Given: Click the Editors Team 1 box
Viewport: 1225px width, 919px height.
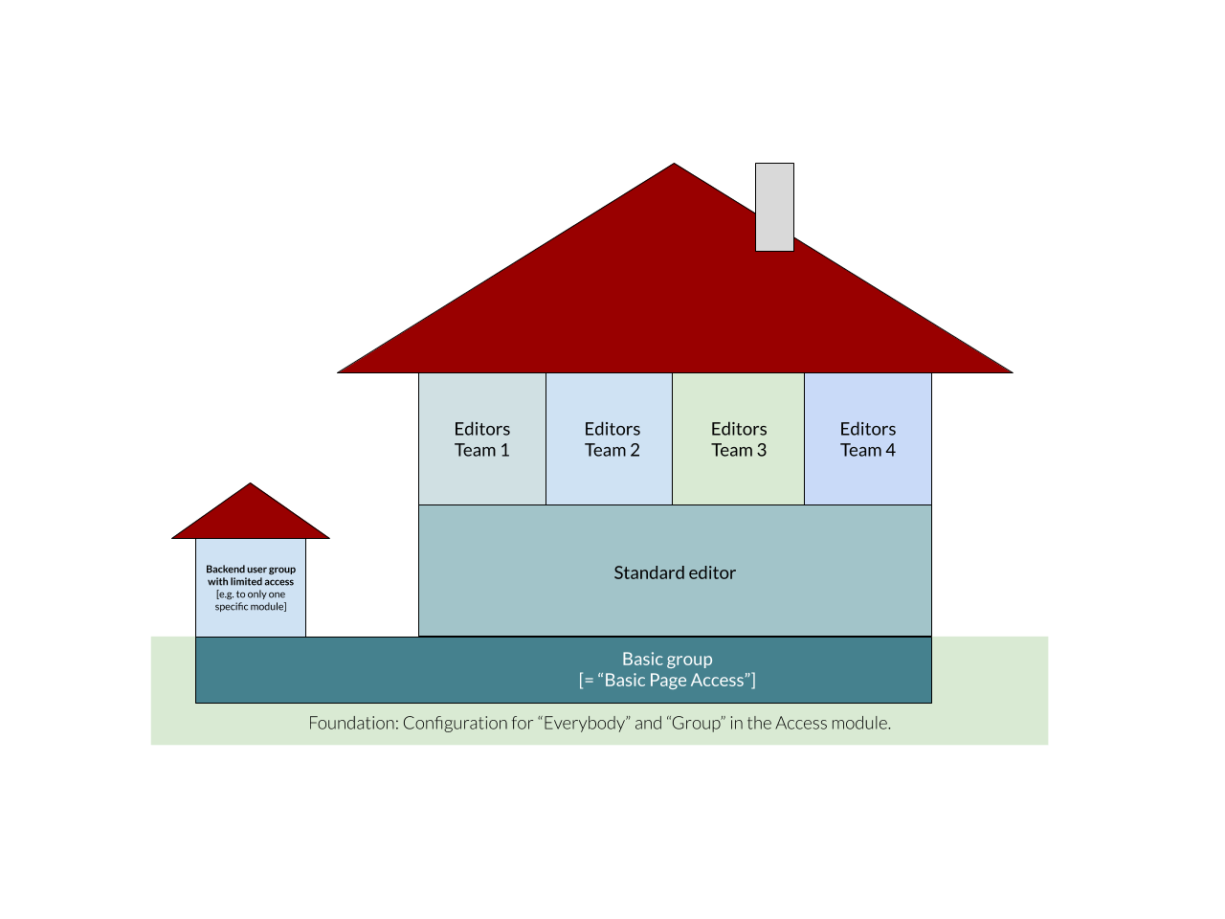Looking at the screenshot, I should point(482,439).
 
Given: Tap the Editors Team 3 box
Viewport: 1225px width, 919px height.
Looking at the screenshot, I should point(739,439).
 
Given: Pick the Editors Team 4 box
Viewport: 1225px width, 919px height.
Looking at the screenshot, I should point(868,439).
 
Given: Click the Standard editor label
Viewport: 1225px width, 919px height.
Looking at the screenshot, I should point(675,572).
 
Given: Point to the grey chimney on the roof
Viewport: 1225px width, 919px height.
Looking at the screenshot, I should point(774,207).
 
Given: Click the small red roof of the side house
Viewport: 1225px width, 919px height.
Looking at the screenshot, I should point(251,515).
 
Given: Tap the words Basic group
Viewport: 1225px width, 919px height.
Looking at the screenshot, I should point(667,659).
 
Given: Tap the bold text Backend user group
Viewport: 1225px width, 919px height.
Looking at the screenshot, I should point(251,569).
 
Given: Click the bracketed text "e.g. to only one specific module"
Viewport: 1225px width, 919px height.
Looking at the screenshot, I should point(251,600).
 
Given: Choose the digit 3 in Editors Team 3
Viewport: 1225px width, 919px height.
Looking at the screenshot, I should point(762,450).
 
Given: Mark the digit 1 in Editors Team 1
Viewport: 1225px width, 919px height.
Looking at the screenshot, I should point(505,450).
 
